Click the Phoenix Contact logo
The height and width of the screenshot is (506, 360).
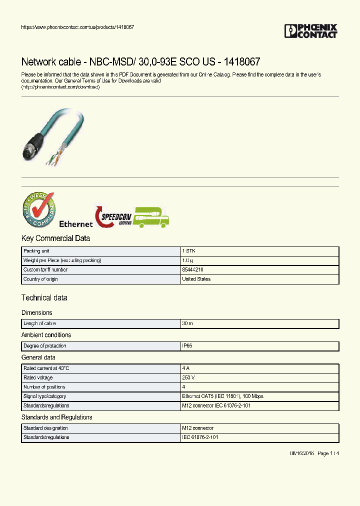click(x=311, y=31)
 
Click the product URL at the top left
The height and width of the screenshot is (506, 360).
click(x=77, y=27)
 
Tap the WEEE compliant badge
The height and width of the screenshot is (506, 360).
click(x=38, y=210)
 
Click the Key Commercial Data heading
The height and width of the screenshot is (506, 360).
click(x=55, y=238)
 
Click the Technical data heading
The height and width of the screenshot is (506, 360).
click(x=44, y=298)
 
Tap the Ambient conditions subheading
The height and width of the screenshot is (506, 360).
click(x=46, y=335)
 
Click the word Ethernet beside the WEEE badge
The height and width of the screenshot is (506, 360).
click(x=76, y=224)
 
